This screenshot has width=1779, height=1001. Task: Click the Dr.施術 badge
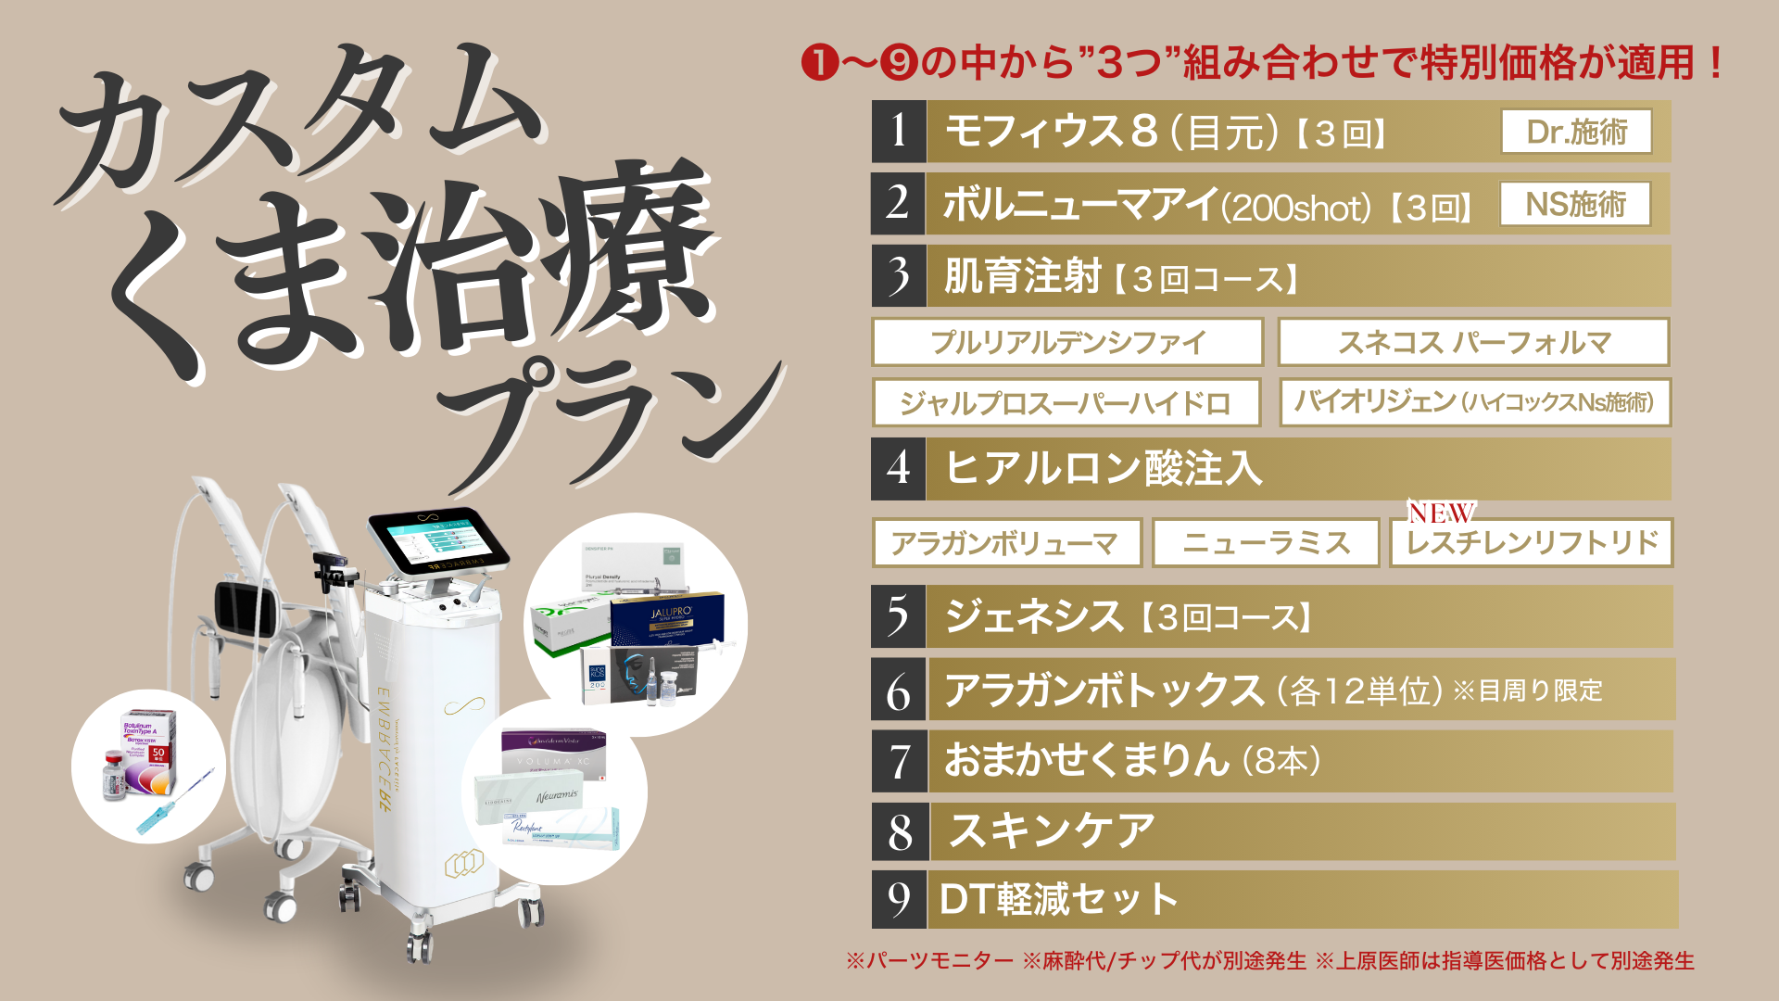coord(1576,132)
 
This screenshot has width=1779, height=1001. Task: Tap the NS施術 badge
coord(1575,204)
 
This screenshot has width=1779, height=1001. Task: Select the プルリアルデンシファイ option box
coord(1067,342)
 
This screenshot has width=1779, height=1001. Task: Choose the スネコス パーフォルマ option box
coord(1473,342)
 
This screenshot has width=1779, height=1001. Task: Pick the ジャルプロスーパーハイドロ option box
coord(1066,402)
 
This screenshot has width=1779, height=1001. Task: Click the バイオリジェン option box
coord(1474,402)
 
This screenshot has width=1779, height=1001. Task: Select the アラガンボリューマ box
coord(1006,542)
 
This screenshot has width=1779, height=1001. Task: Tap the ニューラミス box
coord(1266,542)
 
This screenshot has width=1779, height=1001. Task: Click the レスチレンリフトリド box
coord(1531,543)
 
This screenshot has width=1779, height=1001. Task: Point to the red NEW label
coord(1441,513)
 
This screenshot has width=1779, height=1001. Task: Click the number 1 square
coord(899,132)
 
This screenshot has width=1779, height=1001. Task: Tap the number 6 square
coord(899,690)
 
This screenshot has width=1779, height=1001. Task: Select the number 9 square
coord(899,899)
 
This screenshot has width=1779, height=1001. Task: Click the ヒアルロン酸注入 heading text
coord(1103,468)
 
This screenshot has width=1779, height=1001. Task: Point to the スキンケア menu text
coord(1053,830)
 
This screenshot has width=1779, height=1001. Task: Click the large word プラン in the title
coord(612,417)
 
